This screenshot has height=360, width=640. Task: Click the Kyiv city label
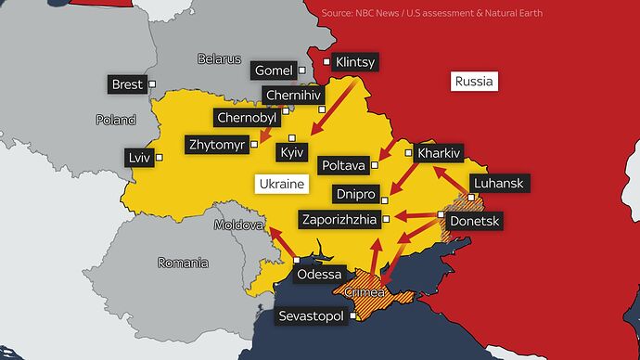point(293,151)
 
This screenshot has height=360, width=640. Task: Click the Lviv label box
point(139,158)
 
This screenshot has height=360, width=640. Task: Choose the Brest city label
point(127,84)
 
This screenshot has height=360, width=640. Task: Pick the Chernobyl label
point(245,118)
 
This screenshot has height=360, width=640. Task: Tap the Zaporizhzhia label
point(339,220)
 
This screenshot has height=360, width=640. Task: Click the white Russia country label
point(475,82)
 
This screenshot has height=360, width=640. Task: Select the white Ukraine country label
point(280,185)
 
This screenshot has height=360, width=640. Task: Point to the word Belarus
point(219,58)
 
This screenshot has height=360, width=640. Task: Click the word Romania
point(183,263)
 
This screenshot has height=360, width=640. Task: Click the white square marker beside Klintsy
point(326,63)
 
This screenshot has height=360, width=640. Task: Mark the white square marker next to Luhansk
point(471,197)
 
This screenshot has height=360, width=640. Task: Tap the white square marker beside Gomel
point(301,70)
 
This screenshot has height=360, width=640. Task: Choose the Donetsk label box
point(474,222)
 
